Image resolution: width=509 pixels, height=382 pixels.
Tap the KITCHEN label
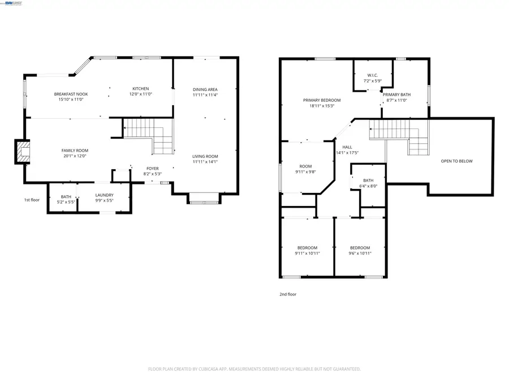[141, 89]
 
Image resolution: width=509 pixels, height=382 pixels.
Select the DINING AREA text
[205, 89]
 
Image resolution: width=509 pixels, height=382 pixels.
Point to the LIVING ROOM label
[205, 156]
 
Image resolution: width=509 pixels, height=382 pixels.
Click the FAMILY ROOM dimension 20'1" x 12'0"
[75, 156]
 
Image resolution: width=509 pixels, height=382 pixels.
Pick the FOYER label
[153, 168]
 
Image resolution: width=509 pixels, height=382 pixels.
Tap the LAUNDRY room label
[105, 196]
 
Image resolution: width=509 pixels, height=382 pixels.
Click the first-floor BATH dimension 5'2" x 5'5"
[66, 202]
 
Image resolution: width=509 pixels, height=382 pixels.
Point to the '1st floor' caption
[32, 200]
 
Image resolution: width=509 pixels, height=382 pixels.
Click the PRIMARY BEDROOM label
[322, 100]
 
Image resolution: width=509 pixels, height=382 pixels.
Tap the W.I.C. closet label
[372, 75]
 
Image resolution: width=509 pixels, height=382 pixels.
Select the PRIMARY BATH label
[396, 95]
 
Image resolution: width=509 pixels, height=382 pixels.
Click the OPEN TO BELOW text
[456, 161]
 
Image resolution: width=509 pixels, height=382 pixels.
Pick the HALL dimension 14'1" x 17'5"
[347, 153]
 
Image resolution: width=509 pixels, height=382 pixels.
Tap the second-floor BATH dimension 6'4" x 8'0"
[368, 186]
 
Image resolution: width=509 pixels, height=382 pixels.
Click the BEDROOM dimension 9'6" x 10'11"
[360, 253]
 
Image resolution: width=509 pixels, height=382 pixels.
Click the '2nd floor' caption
[288, 294]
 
